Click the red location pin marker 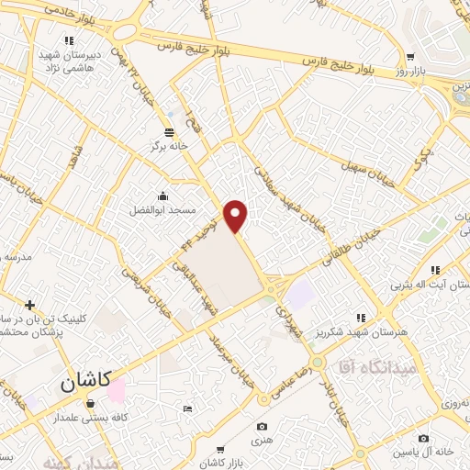click(x=237, y=216)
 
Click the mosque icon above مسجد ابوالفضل click(x=163, y=195)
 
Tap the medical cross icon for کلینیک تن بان click(x=30, y=305)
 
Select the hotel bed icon click(x=188, y=408)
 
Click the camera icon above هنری click(x=263, y=426)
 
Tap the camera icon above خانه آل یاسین click(x=424, y=439)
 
